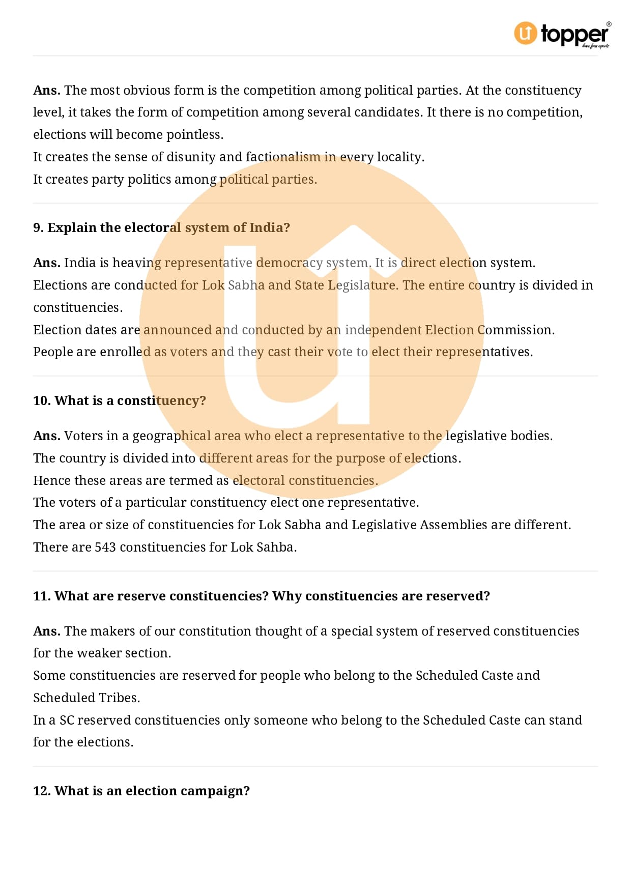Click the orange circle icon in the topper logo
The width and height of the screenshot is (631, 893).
525,33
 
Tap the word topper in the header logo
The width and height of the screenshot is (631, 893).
574,34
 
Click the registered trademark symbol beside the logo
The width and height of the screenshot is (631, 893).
609,24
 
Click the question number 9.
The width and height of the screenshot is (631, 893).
38,227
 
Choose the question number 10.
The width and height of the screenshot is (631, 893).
41,401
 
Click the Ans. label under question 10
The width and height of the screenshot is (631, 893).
47,436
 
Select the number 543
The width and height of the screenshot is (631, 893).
105,548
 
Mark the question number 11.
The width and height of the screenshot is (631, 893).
41,596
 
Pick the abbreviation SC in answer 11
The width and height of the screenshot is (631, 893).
67,721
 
